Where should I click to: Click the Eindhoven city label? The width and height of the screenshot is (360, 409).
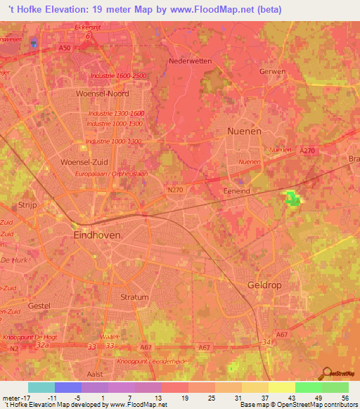click(x=97, y=236)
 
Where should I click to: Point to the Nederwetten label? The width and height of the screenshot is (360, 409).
click(x=190, y=61)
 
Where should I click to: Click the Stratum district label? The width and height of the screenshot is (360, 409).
click(x=134, y=297)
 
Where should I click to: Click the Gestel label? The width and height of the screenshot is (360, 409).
click(x=39, y=306)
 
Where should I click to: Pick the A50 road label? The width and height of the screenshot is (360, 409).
click(x=65, y=47)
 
